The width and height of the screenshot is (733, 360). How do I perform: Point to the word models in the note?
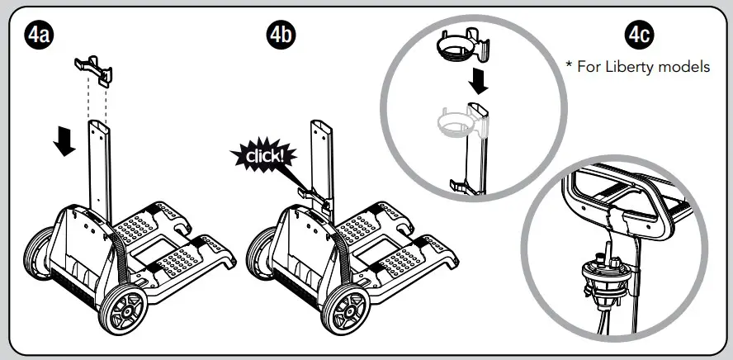[x=688, y=67]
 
